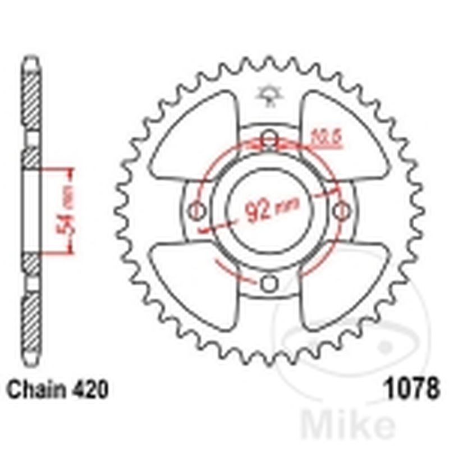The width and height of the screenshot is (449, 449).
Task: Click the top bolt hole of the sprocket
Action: click(270, 138)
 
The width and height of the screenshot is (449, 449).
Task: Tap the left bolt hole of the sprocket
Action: click(196, 211)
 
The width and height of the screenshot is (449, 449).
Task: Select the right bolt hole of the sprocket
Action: click(342, 211)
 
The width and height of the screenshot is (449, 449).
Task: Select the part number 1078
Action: click(410, 389)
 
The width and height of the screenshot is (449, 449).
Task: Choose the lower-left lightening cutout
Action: click(194, 283)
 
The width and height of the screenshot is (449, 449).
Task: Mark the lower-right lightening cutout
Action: click(343, 283)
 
